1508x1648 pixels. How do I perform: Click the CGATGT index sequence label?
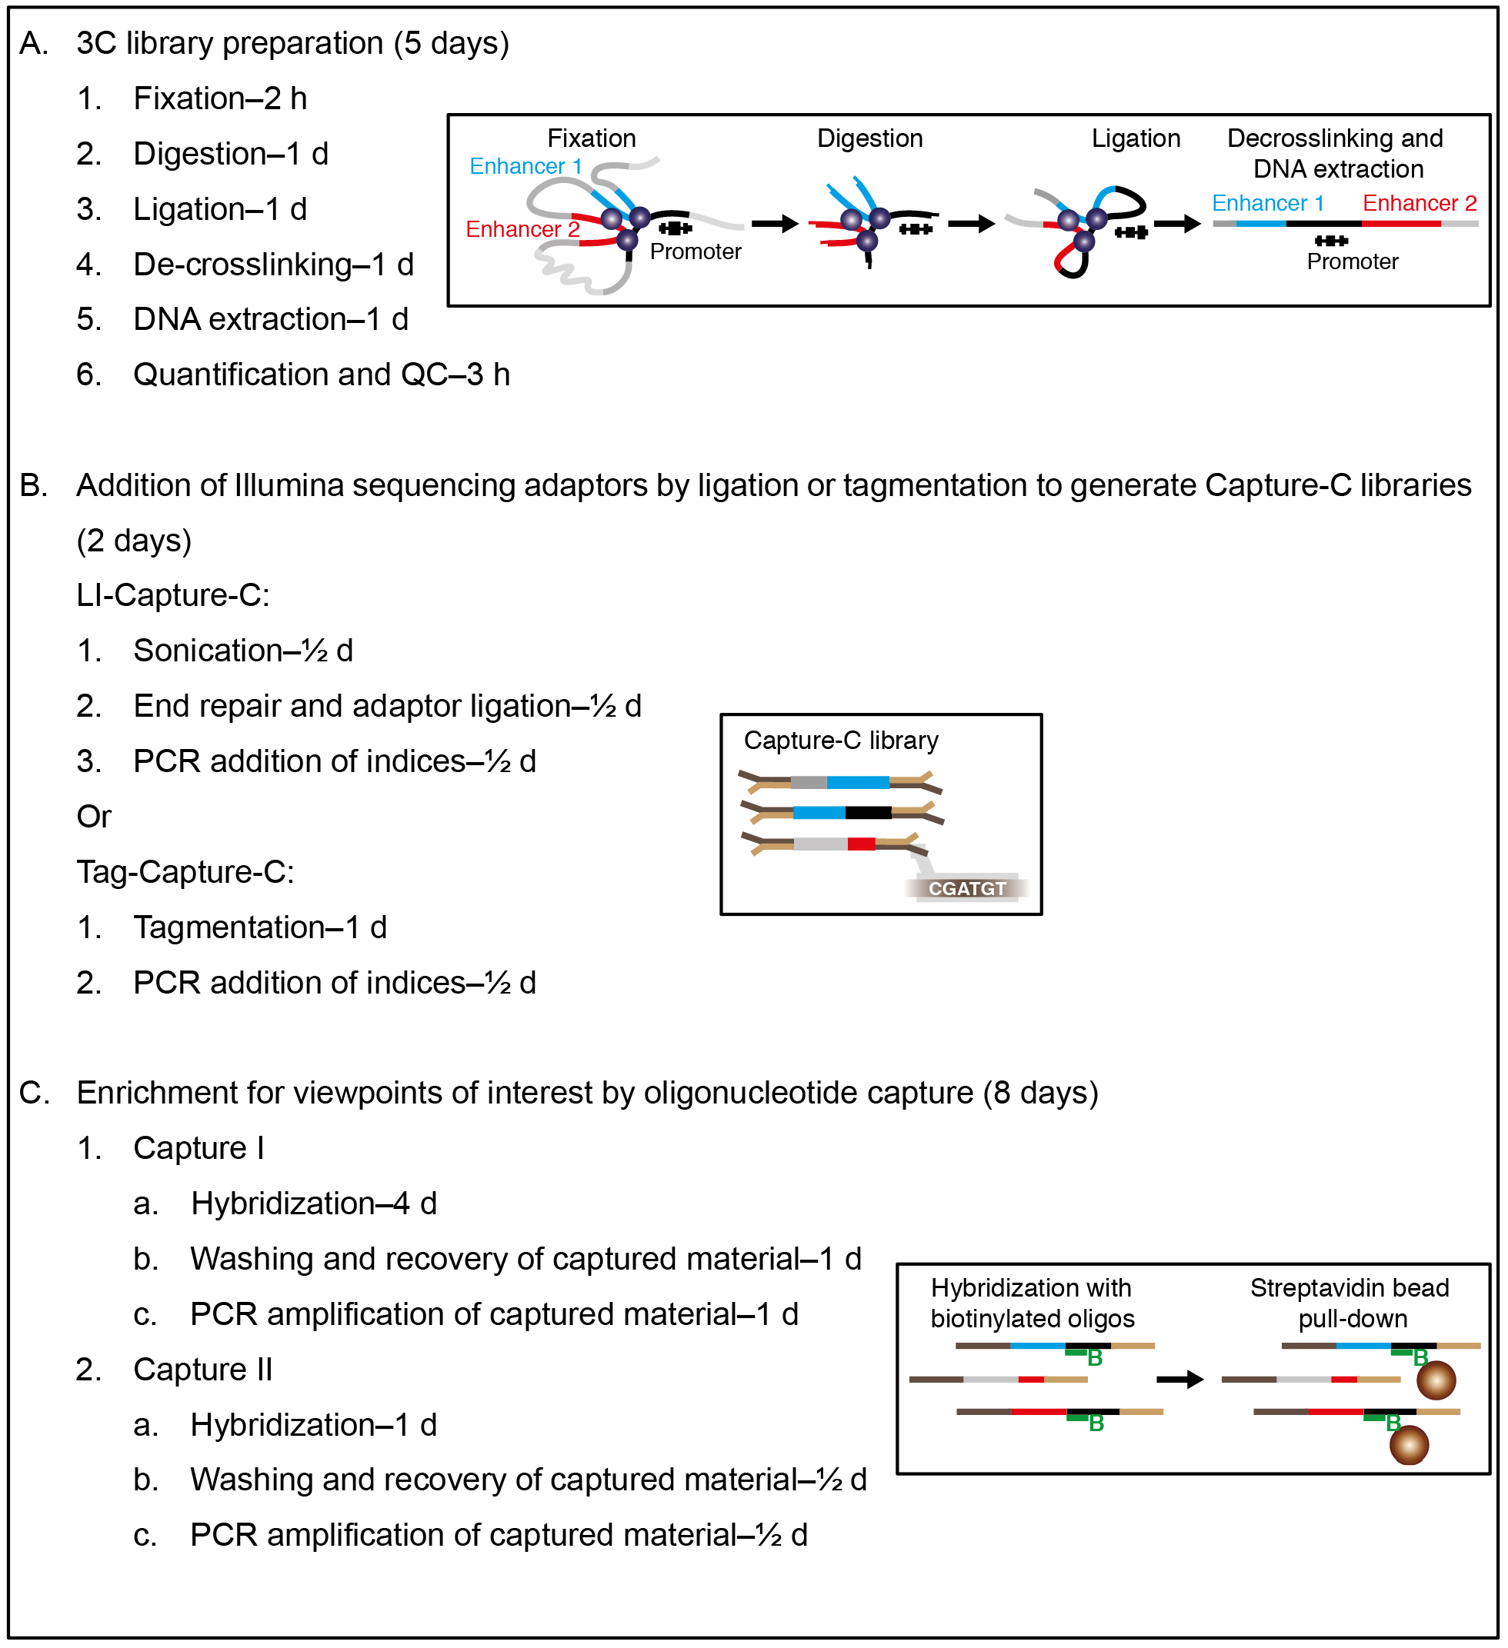967,888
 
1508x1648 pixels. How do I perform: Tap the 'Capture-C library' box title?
842,741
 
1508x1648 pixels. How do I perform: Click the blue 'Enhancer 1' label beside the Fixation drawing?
525,166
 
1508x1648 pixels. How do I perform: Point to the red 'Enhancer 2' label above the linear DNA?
1420,203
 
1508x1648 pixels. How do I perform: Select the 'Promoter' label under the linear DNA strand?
1353,261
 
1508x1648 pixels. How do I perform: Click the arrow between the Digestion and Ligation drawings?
972,223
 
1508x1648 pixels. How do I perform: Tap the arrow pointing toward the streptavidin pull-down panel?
1180,1380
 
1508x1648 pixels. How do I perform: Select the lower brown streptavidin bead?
1410,1445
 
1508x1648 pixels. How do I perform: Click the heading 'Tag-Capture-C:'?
185,872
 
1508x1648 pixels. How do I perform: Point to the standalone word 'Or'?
94,817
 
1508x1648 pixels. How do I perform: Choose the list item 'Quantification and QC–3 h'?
322,375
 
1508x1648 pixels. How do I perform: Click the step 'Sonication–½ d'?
244,651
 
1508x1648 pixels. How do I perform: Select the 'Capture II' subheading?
203,1370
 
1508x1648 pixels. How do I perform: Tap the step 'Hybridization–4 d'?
314,1204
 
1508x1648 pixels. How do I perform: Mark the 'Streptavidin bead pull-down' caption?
1350,1303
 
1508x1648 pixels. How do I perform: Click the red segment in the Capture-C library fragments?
862,844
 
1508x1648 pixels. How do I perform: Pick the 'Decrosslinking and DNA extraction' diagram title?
1336,153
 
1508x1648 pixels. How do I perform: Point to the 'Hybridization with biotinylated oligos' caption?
1033,1303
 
